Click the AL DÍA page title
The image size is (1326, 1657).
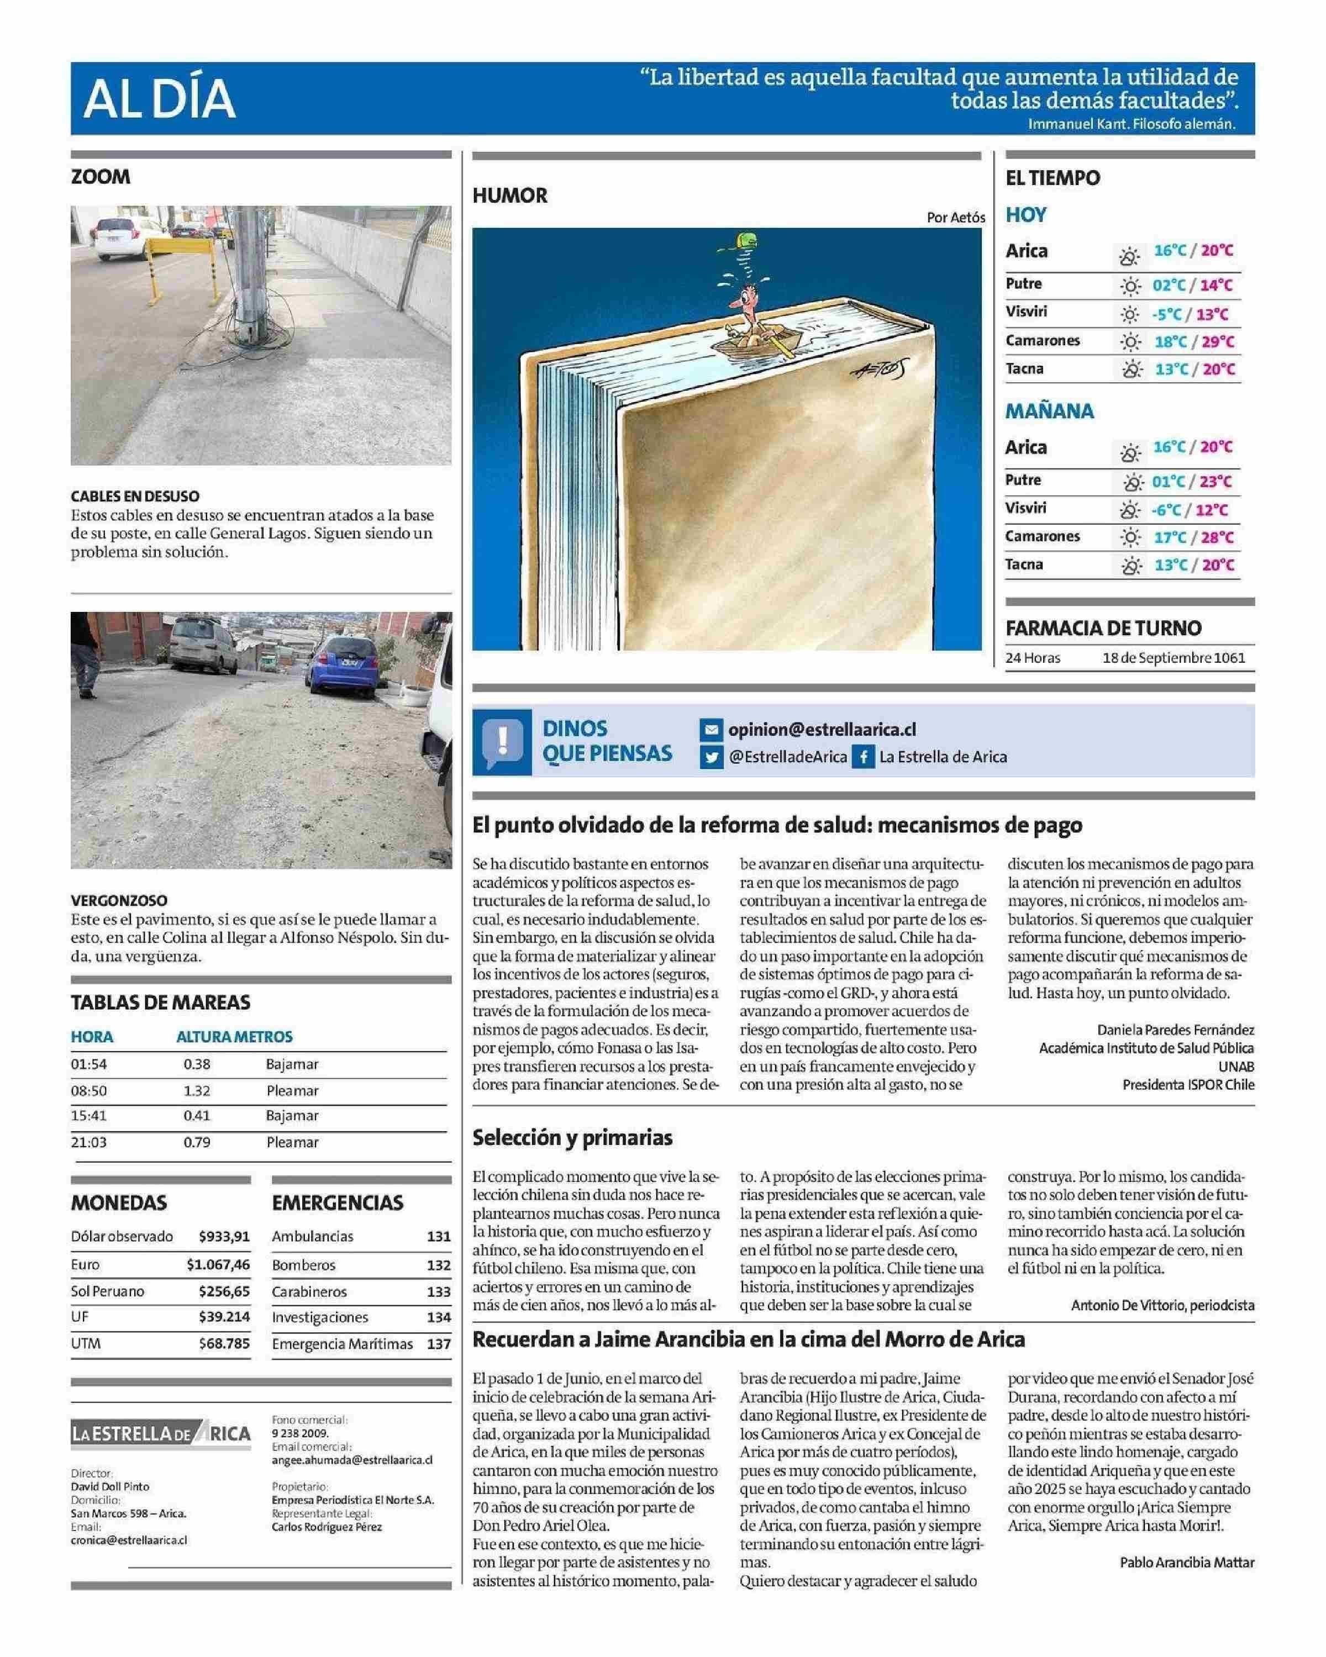[x=159, y=99]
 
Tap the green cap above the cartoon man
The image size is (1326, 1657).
[x=743, y=242]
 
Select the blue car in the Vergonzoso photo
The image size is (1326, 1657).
[x=343, y=665]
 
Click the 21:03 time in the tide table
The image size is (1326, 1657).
[x=89, y=1142]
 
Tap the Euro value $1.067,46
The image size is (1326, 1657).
[x=218, y=1264]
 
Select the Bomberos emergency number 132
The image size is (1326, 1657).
[x=438, y=1265]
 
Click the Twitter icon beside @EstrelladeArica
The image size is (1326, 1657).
[x=711, y=757]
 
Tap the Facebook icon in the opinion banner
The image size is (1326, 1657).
[x=862, y=757]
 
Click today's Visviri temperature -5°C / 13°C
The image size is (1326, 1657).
[x=1190, y=314]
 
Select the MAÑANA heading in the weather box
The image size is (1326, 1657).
[x=1049, y=411]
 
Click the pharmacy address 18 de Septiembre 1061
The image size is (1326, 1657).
[x=1173, y=658]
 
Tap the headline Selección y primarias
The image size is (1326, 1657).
[x=573, y=1137]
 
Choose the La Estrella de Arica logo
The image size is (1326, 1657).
[x=161, y=1433]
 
